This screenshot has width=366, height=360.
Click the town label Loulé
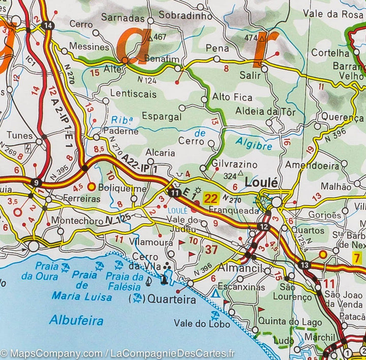tap(261, 182)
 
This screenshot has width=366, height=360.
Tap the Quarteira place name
tap(171, 300)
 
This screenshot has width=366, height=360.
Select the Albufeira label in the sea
tap(76, 320)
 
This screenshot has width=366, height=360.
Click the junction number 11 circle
tap(175, 192)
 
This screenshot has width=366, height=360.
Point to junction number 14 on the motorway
tap(48, 26)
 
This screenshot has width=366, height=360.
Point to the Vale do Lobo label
tap(198, 323)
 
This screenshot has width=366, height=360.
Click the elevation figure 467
tap(160, 37)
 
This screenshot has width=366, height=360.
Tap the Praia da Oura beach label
tap(40, 272)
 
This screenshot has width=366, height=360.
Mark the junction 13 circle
tap(304, 265)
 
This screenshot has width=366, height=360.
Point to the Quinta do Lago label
tap(290, 322)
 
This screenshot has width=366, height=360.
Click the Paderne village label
tap(120, 131)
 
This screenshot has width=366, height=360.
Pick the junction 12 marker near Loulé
tap(263, 227)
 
